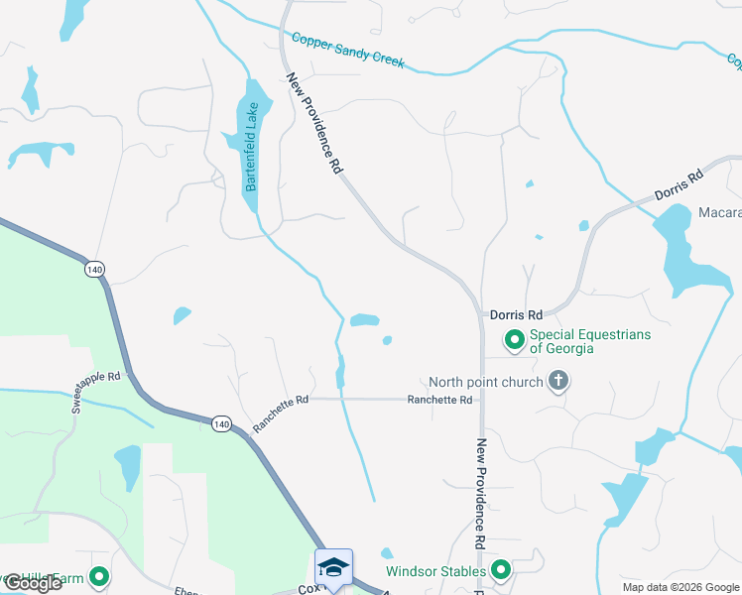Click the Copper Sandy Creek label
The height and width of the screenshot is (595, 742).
click(x=348, y=50)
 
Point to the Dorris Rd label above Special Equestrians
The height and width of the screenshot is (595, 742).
click(x=516, y=314)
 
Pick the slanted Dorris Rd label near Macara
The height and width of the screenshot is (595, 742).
click(x=679, y=185)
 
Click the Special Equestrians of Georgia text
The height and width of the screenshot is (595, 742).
click(x=589, y=341)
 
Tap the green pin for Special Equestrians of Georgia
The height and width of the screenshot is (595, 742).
click(x=514, y=341)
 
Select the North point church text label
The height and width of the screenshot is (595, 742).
click(x=485, y=382)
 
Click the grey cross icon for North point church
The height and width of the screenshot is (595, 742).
click(x=558, y=381)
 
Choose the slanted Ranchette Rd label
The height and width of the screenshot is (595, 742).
click(x=282, y=414)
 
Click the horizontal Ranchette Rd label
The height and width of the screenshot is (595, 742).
click(x=439, y=400)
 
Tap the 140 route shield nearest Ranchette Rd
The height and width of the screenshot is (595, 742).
click(x=220, y=424)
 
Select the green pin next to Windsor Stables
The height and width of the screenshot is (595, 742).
click(x=501, y=570)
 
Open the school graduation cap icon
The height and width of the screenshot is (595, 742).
click(x=334, y=567)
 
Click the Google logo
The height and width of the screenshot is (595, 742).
click(x=33, y=583)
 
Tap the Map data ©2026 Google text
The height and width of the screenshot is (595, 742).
click(x=680, y=586)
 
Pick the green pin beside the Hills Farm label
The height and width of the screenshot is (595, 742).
click(x=99, y=576)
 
